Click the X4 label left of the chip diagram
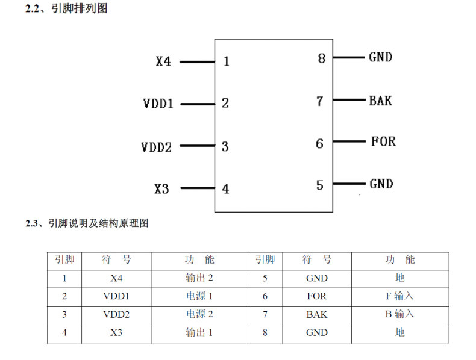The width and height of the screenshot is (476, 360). coord(163,61)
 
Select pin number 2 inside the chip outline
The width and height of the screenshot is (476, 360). coord(225,103)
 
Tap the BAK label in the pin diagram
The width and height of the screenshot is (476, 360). coord(380,101)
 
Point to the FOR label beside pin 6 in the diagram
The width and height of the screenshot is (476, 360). coord(383,142)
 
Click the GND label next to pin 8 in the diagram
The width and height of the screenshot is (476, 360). coord(380,57)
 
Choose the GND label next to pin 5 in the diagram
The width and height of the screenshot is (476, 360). coord(381,184)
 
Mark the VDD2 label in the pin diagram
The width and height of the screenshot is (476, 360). coord(157,147)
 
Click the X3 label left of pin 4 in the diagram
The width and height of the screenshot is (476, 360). coord(161,189)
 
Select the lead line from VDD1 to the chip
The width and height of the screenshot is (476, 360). coord(198,104)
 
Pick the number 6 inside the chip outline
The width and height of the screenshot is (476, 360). coord(319,144)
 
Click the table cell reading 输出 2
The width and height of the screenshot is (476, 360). coord(199,278)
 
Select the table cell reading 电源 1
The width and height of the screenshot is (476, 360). coord(199,296)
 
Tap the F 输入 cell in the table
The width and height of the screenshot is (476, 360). coord(399,296)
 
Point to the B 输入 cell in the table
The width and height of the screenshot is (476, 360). coord(399,314)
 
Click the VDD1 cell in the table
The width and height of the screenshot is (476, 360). coord(116,296)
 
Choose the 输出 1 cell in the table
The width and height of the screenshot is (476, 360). coord(199,332)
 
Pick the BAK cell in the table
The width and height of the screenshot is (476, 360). coord(316,314)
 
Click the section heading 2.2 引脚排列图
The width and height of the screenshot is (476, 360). coord(66,9)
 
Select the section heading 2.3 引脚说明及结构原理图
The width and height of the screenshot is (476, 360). coord(87,224)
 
